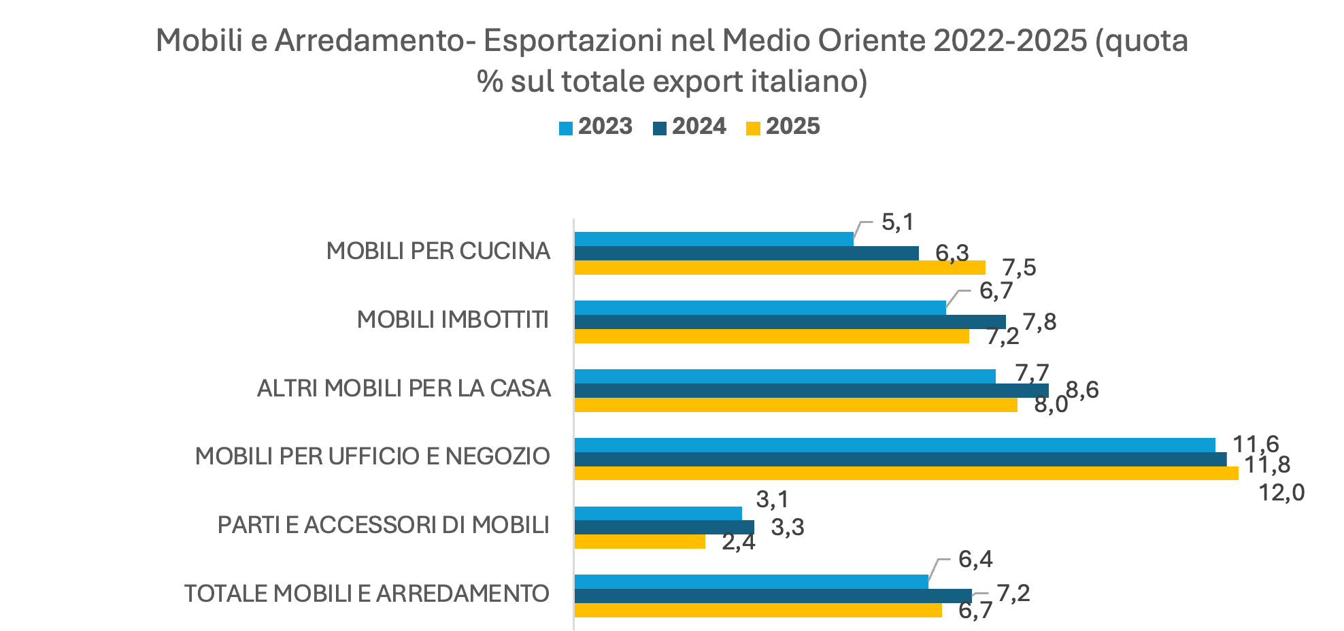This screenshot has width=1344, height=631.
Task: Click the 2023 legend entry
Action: coord(597,127)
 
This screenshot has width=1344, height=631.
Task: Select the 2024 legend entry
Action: coord(690,127)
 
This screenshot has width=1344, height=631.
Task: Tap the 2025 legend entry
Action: coord(784,127)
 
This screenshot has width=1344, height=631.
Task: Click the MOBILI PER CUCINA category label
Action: coord(438,251)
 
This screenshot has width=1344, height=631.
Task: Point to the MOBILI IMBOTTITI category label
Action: coord(453,320)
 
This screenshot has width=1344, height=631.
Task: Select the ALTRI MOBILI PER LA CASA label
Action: coord(404,388)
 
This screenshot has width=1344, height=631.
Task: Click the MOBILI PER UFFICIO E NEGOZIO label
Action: coord(373,456)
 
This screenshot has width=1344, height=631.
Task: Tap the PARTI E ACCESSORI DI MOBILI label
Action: coord(384,525)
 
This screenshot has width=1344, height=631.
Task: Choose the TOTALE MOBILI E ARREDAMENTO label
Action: coord(367,594)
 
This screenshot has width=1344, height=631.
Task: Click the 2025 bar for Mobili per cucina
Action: coord(779,268)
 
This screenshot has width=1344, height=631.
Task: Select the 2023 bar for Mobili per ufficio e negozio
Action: coord(894,445)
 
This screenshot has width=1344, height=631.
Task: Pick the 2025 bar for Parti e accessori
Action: coord(639,542)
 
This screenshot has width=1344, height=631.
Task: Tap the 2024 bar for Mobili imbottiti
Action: coord(790,322)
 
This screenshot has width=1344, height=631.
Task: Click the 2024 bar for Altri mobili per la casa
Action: coord(811,390)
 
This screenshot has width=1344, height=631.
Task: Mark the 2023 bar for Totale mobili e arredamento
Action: coord(751,582)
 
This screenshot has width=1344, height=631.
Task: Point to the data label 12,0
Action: coord(1281,492)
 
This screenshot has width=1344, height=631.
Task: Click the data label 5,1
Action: coord(898,222)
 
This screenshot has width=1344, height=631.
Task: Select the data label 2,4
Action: coord(739,543)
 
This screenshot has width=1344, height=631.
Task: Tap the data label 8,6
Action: coord(1082,390)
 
